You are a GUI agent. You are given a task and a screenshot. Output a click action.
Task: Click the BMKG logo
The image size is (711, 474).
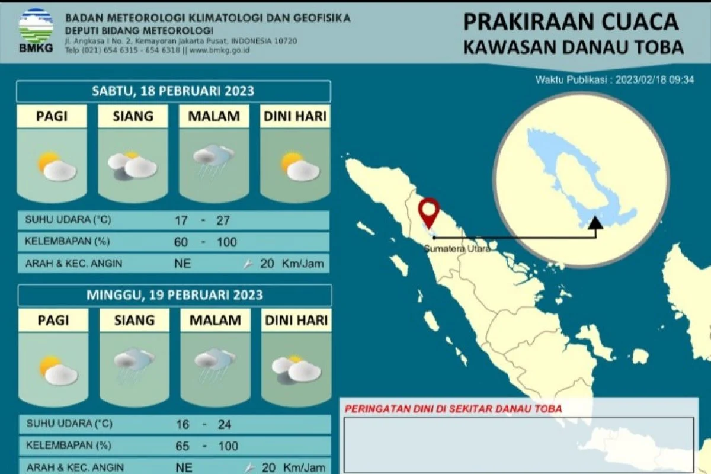pyautogui.click(x=36, y=30)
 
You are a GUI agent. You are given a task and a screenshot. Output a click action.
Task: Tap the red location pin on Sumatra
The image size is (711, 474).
pyautogui.click(x=428, y=212)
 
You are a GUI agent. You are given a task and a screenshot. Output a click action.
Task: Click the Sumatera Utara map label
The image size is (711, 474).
pyautogui.click(x=457, y=249)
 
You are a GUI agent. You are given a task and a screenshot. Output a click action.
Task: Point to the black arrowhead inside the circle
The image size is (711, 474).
pyautogui.click(x=596, y=223)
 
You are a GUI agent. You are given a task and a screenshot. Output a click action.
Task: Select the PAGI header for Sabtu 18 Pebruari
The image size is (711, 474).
pyautogui.click(x=52, y=117)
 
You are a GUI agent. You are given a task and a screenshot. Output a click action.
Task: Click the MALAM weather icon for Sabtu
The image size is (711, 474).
pyautogui.click(x=213, y=160)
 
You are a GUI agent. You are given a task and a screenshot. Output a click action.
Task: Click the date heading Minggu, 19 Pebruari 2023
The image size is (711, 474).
pyautogui.click(x=175, y=294)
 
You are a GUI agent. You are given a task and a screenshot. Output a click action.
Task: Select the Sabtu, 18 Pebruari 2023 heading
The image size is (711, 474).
pyautogui.click(x=173, y=91)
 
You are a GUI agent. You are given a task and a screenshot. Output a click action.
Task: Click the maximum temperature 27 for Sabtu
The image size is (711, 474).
pyautogui.click(x=223, y=220)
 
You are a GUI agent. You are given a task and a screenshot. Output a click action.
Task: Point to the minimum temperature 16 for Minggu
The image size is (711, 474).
pyautogui.click(x=182, y=424)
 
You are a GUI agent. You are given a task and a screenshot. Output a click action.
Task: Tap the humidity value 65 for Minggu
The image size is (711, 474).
pyautogui.click(x=182, y=446)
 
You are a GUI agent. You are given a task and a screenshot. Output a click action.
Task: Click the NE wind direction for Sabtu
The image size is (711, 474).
pyautogui.click(x=183, y=264)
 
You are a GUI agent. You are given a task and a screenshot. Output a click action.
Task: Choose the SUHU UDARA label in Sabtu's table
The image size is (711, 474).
pyautogui.click(x=68, y=220)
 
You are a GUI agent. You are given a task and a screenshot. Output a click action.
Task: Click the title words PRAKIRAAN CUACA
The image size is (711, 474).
pyautogui.click(x=571, y=23)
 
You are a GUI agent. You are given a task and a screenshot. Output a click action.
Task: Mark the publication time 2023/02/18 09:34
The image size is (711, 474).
pyautogui.click(x=654, y=79)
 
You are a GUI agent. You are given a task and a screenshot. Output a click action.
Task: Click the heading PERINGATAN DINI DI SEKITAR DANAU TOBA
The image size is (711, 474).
pyautogui.click(x=453, y=408)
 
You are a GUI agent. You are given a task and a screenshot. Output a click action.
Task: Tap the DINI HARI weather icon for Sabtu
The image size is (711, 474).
pyautogui.click(x=294, y=165)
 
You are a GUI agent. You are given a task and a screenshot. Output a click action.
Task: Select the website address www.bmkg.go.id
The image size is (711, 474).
pyautogui.click(x=220, y=50)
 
